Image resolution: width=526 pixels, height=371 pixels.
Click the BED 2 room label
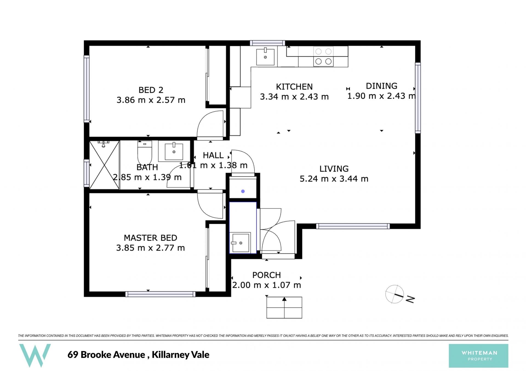pyautogui.click(x=151, y=90)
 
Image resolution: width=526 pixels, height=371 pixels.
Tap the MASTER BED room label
pyautogui.click(x=150, y=238)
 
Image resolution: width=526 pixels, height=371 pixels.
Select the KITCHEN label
pyautogui.click(x=294, y=87)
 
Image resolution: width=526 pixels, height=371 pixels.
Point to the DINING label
pyautogui.click(x=382, y=86)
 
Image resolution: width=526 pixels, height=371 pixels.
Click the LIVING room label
pyautogui.click(x=334, y=169)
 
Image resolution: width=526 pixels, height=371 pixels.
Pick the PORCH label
pyautogui.click(x=267, y=275)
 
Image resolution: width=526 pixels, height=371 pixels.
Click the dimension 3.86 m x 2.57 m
pyautogui.click(x=151, y=100)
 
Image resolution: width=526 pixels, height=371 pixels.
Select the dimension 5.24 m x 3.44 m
pyautogui.click(x=334, y=179)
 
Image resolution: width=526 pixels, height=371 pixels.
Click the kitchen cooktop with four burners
pyautogui.click(x=324, y=56)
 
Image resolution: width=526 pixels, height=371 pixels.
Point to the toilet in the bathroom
pyautogui.click(x=145, y=153)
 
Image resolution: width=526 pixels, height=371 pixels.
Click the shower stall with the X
pyautogui.click(x=105, y=165)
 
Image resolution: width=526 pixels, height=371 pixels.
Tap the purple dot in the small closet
pyautogui.click(x=243, y=191)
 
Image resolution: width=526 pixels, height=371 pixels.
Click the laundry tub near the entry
pyautogui.click(x=240, y=242)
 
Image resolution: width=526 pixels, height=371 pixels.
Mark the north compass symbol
pyautogui.click(x=399, y=295)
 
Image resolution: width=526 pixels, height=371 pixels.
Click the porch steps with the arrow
pyautogui.click(x=284, y=307)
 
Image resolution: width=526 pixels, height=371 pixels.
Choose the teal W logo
pyautogui.click(x=35, y=355)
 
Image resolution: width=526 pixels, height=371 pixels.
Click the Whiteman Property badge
pyautogui.click(x=478, y=356)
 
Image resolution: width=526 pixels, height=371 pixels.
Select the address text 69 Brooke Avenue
pyautogui.click(x=106, y=355)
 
